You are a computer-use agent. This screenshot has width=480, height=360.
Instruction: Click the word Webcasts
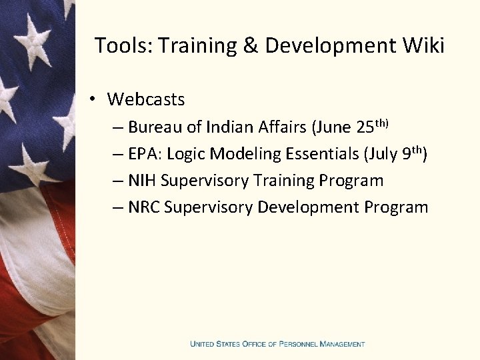point(146,99)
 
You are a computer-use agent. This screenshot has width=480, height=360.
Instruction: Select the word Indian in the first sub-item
point(230,127)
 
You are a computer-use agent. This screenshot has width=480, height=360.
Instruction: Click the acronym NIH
point(143,181)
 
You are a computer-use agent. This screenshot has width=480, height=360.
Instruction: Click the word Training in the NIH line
point(286,181)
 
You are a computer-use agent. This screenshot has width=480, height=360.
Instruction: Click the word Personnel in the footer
point(298,344)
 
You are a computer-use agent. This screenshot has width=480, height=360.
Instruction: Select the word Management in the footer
point(342,344)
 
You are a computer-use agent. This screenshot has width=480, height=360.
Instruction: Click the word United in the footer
point(203,344)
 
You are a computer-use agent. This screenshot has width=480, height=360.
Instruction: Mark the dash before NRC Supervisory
point(117,208)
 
